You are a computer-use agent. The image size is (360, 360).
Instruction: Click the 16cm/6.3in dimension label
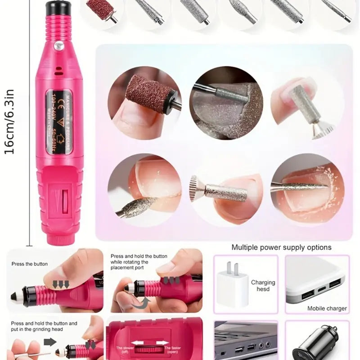click(9, 121)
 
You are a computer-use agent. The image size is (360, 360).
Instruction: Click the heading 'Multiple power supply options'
click(281, 247)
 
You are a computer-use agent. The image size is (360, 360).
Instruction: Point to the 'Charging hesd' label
click(263, 286)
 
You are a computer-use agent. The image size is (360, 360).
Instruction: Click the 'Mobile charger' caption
click(327, 308)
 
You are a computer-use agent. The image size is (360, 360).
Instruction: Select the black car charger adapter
click(315, 344)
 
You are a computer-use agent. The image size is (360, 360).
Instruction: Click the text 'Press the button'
click(30, 264)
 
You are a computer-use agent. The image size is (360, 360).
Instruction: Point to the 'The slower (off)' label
click(124, 350)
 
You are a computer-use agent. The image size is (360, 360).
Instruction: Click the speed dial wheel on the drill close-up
click(148, 349)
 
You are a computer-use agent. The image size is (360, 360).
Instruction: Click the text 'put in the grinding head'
click(39, 329)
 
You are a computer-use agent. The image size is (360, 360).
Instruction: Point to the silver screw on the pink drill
click(58, 45)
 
